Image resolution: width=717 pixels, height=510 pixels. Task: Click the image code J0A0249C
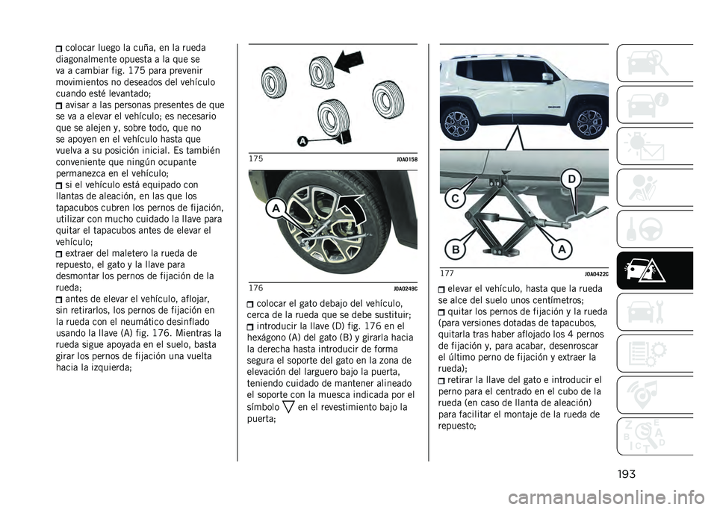tap(405, 288)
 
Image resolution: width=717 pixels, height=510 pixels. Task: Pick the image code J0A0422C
tap(596, 275)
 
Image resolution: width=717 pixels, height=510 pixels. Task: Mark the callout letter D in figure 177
tap(571, 179)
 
